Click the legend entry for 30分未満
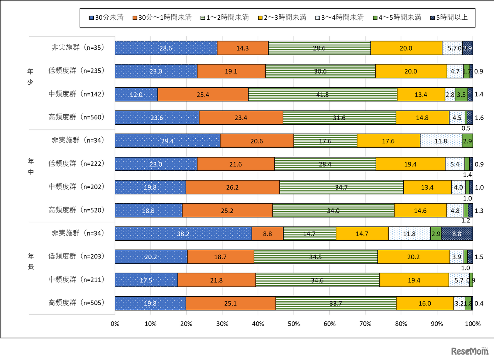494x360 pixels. point(106,17)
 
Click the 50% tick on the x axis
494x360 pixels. point(294,323)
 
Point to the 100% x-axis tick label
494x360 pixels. point(472,323)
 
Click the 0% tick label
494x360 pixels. point(115,323)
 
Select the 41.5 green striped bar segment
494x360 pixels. point(322,95)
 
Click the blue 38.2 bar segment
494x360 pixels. point(183,234)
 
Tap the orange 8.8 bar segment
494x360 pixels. point(267,234)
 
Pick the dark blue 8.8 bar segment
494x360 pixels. point(457,234)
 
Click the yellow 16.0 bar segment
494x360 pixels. point(425,303)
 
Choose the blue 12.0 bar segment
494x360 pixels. point(136,95)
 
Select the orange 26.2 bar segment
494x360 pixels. point(232,187)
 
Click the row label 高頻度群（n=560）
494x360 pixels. point(76,117)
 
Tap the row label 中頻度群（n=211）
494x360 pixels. point(76,279)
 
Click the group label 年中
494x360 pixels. point(31,167)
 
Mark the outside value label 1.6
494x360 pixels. point(479,118)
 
